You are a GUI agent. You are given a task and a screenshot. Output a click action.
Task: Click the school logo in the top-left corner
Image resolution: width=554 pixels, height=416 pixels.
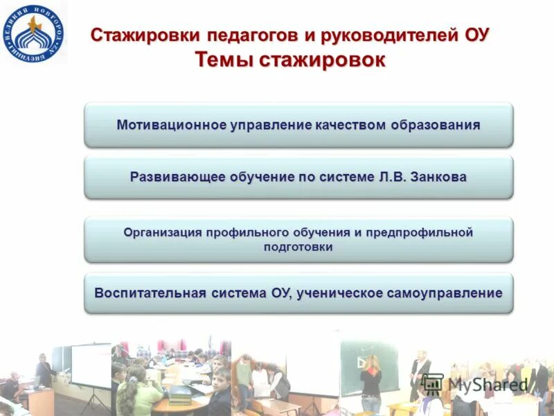coord(33,33)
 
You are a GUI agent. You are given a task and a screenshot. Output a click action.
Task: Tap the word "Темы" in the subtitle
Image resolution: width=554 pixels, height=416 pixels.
coord(225,60)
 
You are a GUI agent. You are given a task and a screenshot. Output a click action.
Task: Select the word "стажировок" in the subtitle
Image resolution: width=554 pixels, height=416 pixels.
coord(322,60)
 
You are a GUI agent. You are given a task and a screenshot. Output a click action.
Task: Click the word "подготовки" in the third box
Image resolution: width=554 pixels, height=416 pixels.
coord(298,247)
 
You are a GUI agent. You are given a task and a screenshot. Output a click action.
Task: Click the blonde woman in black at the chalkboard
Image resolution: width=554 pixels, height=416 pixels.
coord(370,381)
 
